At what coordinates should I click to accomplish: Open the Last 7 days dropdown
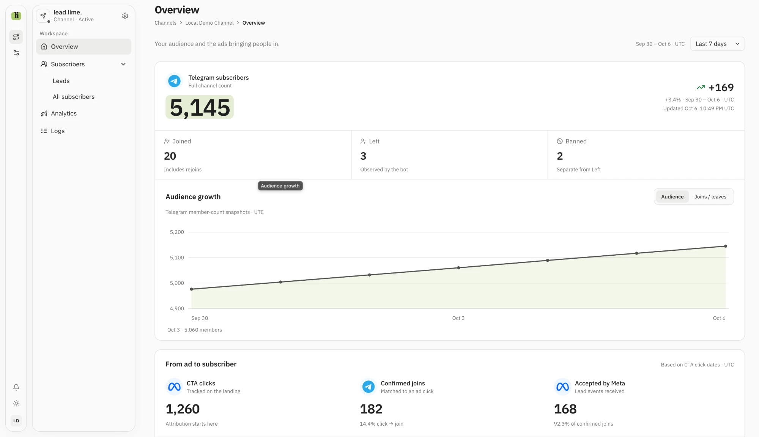click(717, 44)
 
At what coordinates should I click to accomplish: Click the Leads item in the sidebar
click(61, 81)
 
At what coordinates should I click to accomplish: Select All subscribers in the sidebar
click(74, 97)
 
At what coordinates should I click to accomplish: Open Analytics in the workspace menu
click(64, 113)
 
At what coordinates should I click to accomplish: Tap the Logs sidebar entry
click(58, 131)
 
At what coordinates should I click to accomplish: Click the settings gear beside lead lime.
click(125, 16)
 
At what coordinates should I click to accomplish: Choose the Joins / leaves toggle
click(710, 196)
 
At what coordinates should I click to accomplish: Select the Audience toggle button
click(672, 196)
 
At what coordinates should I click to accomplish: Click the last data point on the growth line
click(726, 246)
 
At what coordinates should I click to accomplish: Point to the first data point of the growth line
click(192, 289)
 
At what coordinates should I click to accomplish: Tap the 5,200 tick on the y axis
click(177, 232)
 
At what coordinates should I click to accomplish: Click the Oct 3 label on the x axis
click(458, 318)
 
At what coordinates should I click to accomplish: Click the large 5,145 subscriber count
click(200, 107)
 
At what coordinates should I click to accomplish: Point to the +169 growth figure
click(721, 88)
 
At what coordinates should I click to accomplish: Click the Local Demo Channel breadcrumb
click(209, 23)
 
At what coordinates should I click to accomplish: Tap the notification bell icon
click(16, 387)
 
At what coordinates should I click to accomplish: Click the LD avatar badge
click(16, 421)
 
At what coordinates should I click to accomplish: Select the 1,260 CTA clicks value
click(183, 409)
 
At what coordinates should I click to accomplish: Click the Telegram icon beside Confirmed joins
click(368, 387)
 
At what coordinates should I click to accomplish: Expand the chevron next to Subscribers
click(123, 64)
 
